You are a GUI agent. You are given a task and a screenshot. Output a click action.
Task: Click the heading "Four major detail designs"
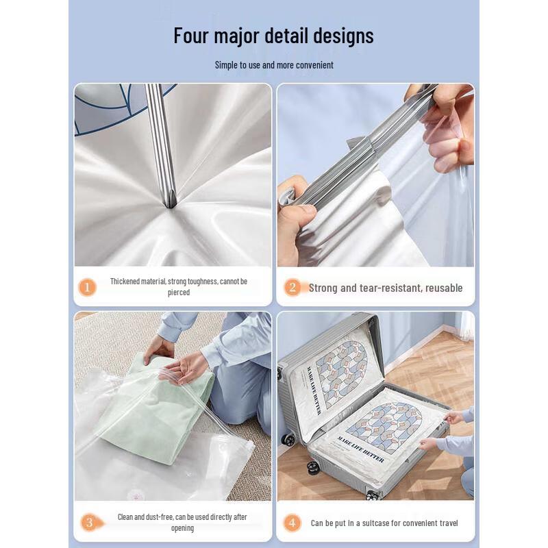[273, 36]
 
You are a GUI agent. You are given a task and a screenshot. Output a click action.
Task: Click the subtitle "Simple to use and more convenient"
[274, 65]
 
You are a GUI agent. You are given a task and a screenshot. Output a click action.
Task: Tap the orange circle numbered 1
[87, 287]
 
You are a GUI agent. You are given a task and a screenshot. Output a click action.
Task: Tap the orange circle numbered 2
[292, 288]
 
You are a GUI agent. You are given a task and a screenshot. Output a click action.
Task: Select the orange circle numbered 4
[292, 523]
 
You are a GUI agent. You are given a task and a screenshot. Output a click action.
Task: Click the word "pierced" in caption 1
[179, 292]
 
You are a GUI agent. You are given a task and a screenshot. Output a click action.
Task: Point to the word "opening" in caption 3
[182, 528]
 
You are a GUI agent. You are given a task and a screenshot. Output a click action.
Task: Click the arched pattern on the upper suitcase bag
[341, 373]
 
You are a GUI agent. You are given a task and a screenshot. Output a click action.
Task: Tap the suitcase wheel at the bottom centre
[373, 494]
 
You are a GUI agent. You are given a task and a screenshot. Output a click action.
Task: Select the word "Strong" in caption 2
[323, 288]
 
